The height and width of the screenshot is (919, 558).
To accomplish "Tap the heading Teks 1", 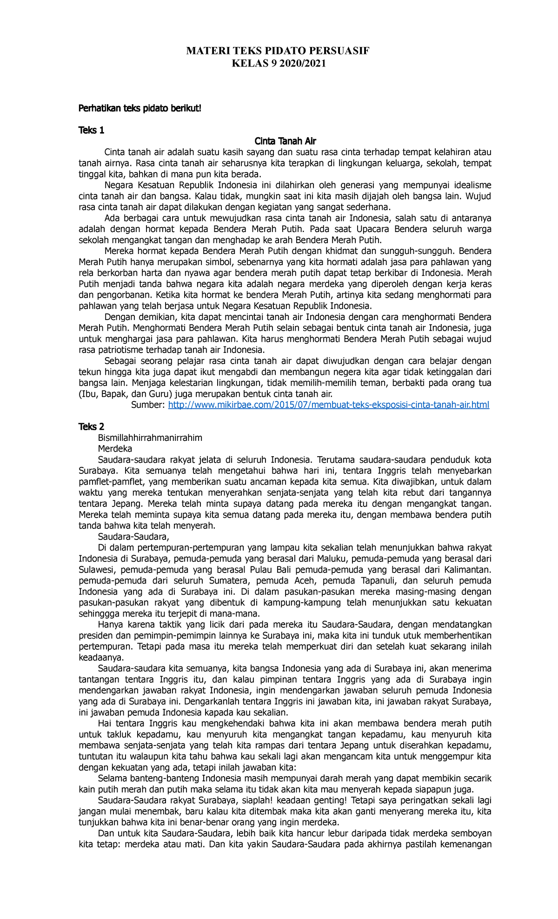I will pos(91,130).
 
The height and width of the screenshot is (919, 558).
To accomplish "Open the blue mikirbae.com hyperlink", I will pos(328,405).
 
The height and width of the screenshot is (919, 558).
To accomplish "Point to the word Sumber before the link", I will pos(148,405).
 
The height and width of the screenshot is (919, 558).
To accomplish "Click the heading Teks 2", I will pos(91,427).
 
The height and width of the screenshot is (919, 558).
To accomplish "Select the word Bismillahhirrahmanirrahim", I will pos(150,438).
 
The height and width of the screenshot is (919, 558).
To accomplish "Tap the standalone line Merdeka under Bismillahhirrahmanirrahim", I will pos(115,449).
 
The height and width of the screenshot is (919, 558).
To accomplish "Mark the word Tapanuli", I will pos(374,581).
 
